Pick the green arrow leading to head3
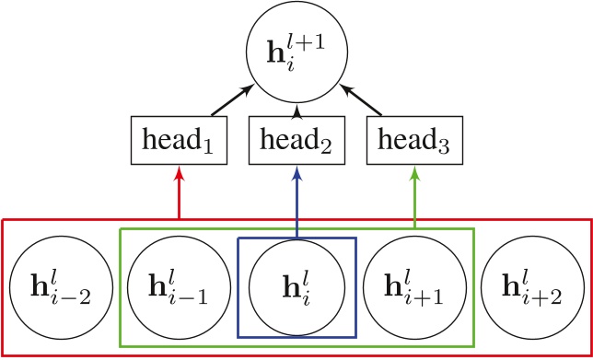(415, 193)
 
